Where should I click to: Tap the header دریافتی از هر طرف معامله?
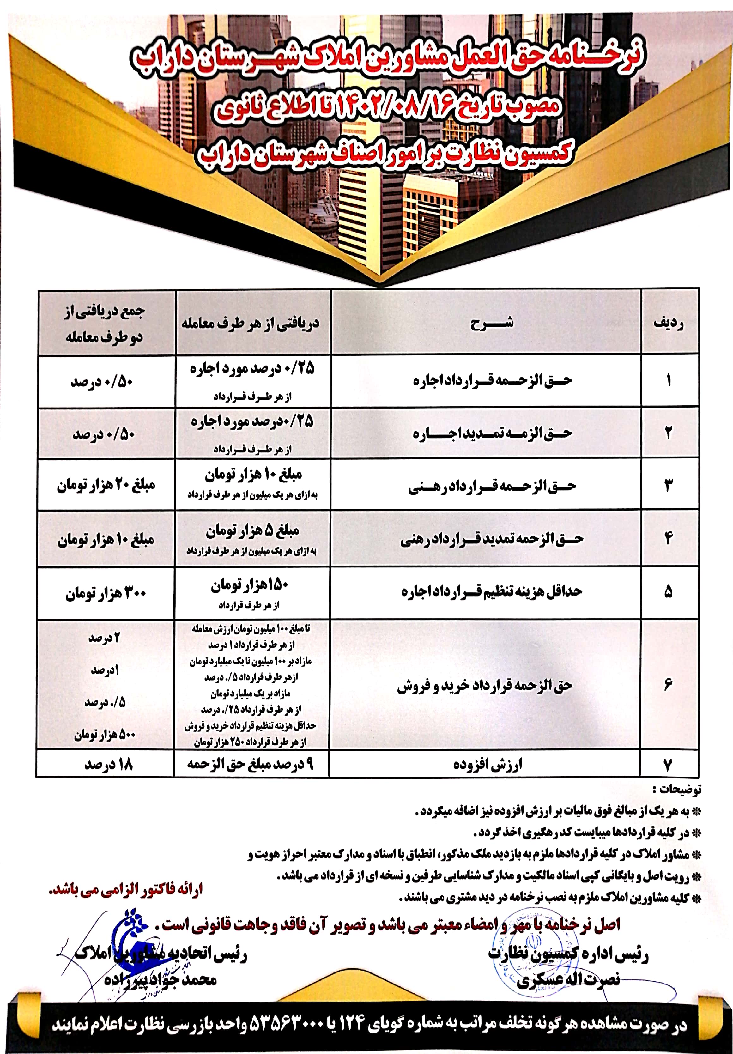click(x=250, y=324)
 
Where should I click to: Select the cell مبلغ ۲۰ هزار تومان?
click(x=106, y=486)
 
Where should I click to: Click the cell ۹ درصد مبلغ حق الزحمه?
click(x=250, y=764)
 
